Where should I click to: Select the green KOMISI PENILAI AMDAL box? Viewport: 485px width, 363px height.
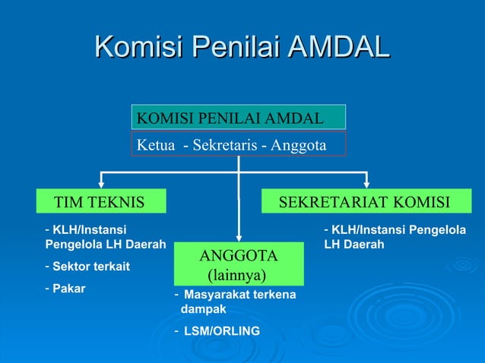239,117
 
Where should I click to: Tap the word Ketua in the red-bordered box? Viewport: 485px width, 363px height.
154,144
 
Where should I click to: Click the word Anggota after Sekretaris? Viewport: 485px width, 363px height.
298,144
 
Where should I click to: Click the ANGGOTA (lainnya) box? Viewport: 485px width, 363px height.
238,263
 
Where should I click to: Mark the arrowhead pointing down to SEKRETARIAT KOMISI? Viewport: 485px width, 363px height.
366,182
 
